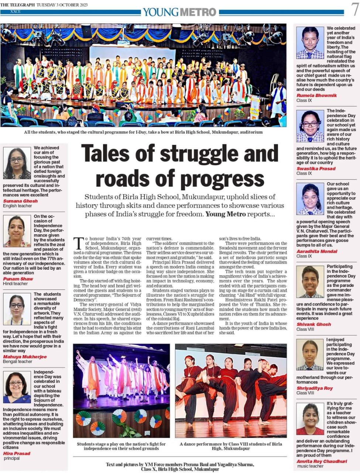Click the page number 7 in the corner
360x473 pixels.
click(x=355, y=10)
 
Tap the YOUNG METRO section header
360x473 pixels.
click(x=180, y=12)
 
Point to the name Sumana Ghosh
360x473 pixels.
click(x=20, y=201)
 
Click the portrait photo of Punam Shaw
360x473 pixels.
click(x=17, y=231)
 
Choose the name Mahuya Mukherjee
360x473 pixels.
click(x=25, y=357)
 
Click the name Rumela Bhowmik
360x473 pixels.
click(x=317, y=95)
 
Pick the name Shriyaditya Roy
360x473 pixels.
click(x=315, y=388)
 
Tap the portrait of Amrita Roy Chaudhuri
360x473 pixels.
click(x=310, y=419)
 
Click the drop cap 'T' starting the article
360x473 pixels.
click(x=78, y=244)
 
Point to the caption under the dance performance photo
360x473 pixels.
click(x=231, y=446)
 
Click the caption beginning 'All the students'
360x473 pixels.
click(x=143, y=132)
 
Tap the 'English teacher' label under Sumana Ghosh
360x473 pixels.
click(x=18, y=206)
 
